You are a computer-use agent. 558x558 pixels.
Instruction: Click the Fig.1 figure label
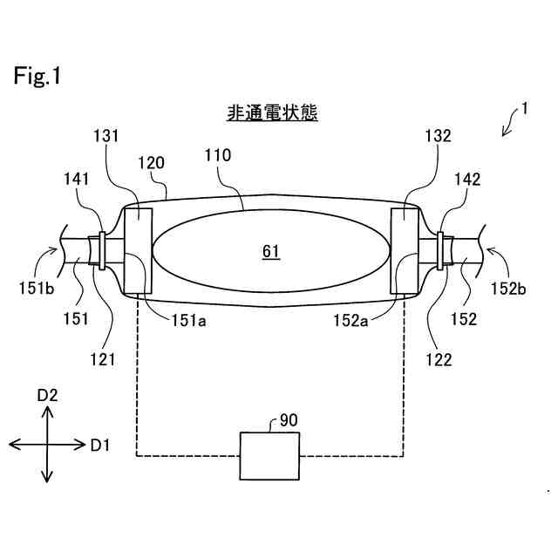[37, 77]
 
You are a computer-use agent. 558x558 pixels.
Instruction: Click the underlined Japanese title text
[272, 113]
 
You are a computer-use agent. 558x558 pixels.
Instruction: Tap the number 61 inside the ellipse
[270, 251]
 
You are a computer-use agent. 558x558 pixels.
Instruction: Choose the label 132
[439, 136]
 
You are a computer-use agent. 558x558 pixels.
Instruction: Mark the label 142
[467, 180]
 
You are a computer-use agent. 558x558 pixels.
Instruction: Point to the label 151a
[188, 319]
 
